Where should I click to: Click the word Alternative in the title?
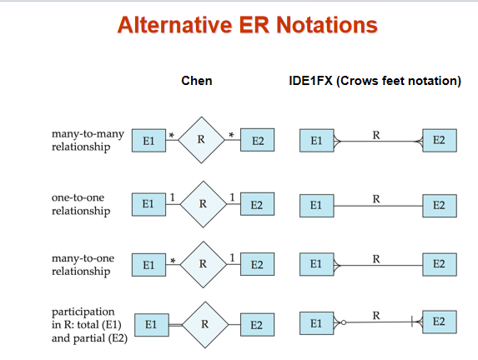pyautogui.click(x=174, y=25)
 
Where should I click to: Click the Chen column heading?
pyautogui.click(x=197, y=81)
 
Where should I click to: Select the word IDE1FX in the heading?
pyautogui.click(x=310, y=81)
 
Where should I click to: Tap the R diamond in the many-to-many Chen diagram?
pyautogui.click(x=201, y=140)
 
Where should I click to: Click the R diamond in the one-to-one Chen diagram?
pyautogui.click(x=204, y=204)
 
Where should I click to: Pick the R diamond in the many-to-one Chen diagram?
pyautogui.click(x=204, y=265)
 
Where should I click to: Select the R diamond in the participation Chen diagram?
pyautogui.click(x=205, y=325)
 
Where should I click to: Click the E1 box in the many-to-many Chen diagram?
pyautogui.click(x=148, y=140)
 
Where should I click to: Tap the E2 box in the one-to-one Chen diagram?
pyautogui.click(x=257, y=204)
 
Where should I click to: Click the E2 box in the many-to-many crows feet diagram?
pyautogui.click(x=440, y=140)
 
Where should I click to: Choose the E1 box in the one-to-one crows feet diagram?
pyautogui.click(x=317, y=206)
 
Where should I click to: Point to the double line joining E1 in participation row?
pyautogui.click(x=175, y=325)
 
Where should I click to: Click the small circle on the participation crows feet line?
pyautogui.click(x=344, y=322)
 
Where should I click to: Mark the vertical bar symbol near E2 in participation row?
pyautogui.click(x=412, y=322)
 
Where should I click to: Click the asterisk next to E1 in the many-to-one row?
pyautogui.click(x=173, y=261)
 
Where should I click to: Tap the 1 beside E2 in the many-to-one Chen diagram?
pyautogui.click(x=232, y=257)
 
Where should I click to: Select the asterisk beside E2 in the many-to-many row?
pyautogui.click(x=231, y=135)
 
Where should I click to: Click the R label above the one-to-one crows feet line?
pyautogui.click(x=376, y=199)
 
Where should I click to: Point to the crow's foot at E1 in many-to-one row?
pyautogui.click(x=337, y=265)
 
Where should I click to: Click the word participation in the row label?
pyautogui.click(x=83, y=312)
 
